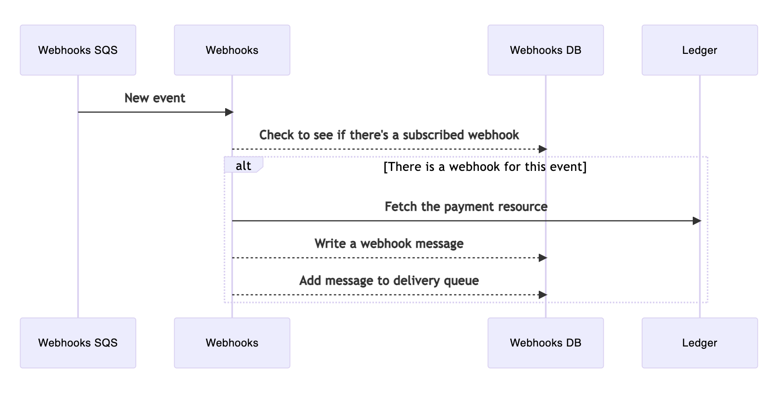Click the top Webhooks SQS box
click(x=78, y=50)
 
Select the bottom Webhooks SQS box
click(x=78, y=343)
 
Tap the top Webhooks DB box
click(x=545, y=50)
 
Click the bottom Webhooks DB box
click(x=545, y=343)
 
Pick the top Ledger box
click(x=699, y=50)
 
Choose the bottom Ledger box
click(x=699, y=343)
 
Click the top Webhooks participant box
click(x=232, y=50)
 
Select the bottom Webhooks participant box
click(x=232, y=343)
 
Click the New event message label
click(x=155, y=98)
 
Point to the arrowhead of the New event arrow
click(x=229, y=112)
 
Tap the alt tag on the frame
click(x=243, y=166)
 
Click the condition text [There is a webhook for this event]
click(x=484, y=167)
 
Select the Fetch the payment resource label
click(x=466, y=206)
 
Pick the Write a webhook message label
click(x=389, y=243)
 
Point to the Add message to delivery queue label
click(x=389, y=280)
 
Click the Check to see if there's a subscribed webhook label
click(x=389, y=135)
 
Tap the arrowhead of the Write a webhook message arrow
click(x=542, y=258)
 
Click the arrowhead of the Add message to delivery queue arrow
click(x=542, y=295)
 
